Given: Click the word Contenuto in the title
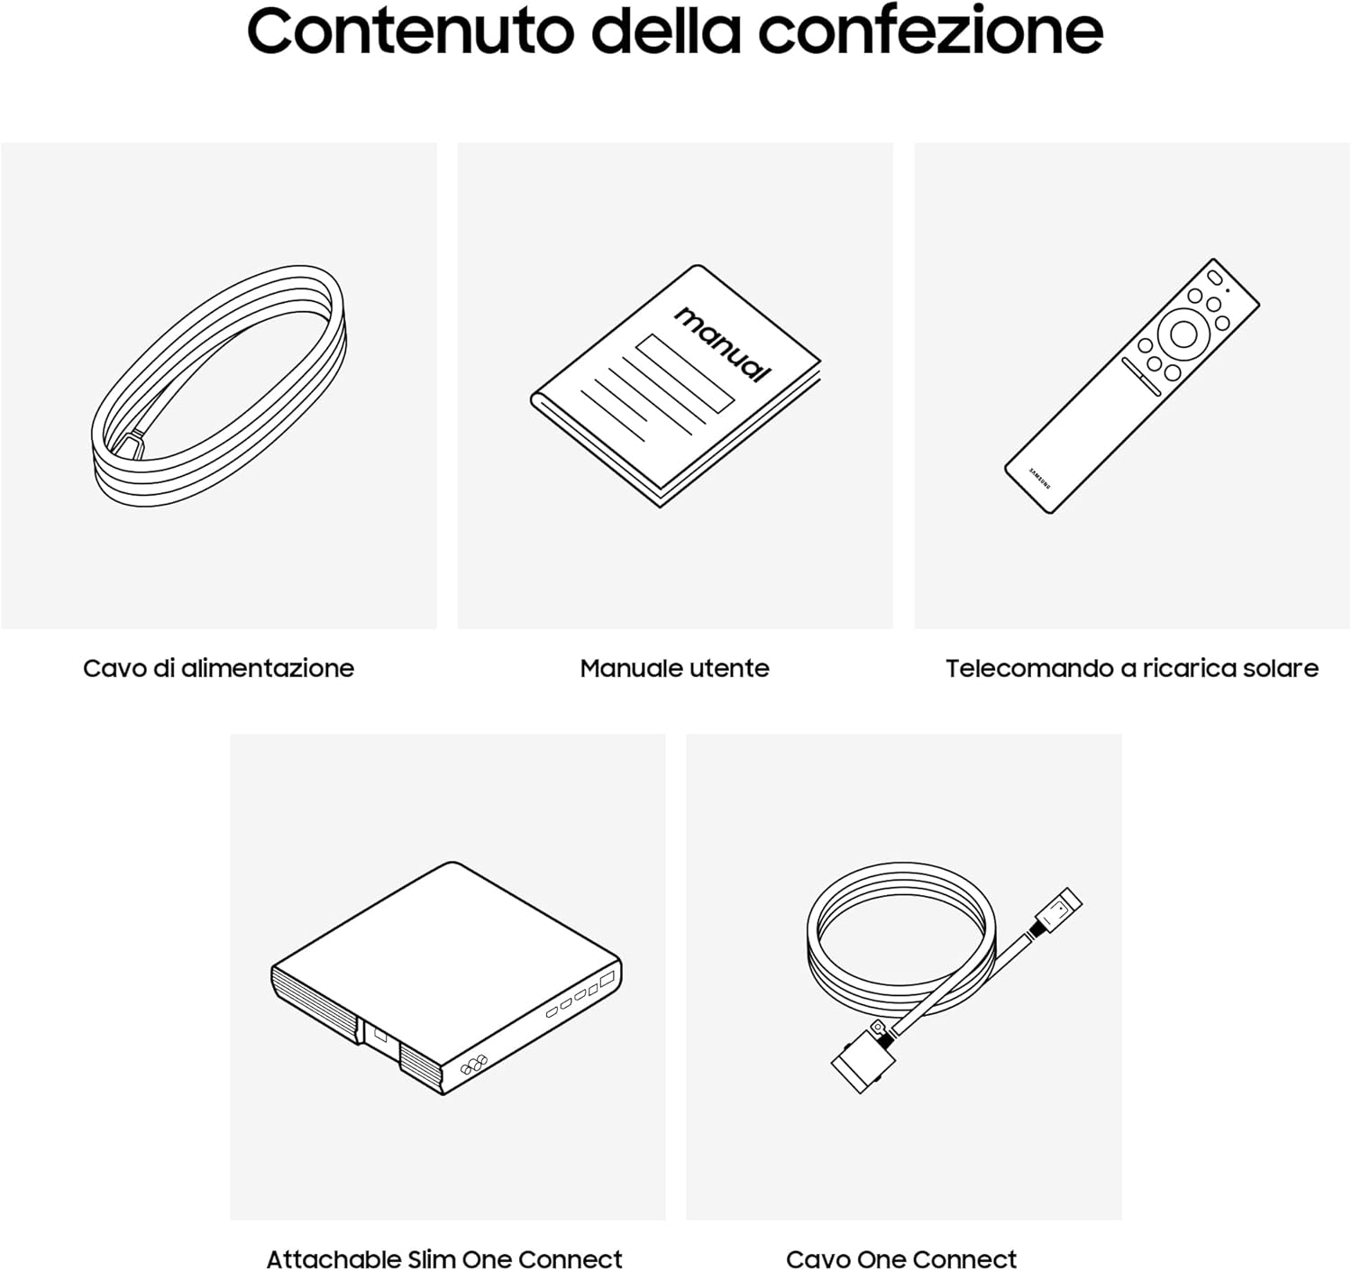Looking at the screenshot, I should pos(410,32).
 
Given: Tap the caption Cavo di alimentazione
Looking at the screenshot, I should pos(218,668).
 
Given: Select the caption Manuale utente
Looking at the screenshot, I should pos(674,668).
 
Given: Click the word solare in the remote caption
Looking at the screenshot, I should pos(1280,668).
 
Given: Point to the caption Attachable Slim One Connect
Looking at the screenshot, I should pos(444,1258).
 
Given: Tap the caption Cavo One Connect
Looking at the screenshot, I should pos(901,1258).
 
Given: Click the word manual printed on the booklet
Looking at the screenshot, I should pos(723,343).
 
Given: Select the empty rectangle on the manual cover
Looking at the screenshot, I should pos(685,373).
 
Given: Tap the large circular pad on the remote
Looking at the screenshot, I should pos(1183,334).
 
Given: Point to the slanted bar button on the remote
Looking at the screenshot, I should pos(1140,376).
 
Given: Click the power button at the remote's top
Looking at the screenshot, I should pos(1213,277).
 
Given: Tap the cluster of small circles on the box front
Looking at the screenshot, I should pos(473,1065).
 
